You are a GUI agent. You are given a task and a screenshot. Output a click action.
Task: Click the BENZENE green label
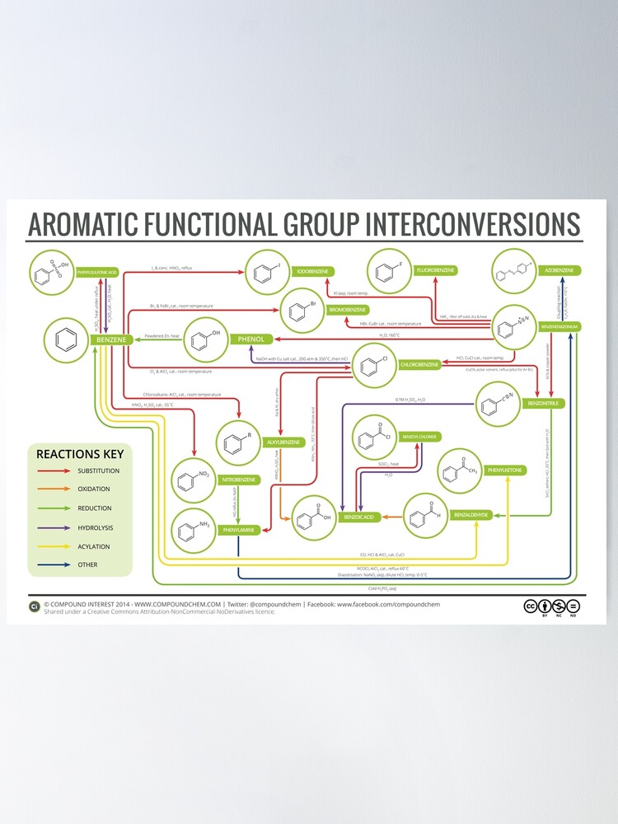(110, 339)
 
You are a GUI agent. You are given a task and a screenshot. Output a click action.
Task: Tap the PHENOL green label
(250, 339)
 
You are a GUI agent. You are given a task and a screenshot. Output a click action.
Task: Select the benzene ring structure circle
(67, 339)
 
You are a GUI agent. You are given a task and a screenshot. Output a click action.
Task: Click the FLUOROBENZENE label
(436, 270)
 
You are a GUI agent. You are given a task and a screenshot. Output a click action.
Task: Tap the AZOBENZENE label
(559, 270)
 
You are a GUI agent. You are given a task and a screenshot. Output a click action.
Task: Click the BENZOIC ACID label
(359, 517)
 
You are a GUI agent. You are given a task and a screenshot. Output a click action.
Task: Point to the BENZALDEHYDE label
(471, 514)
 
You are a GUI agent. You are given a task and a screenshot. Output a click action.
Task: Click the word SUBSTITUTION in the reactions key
(98, 471)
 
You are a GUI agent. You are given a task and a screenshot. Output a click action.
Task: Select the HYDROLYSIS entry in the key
(96, 527)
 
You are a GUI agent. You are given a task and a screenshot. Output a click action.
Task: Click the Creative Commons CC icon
(531, 606)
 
